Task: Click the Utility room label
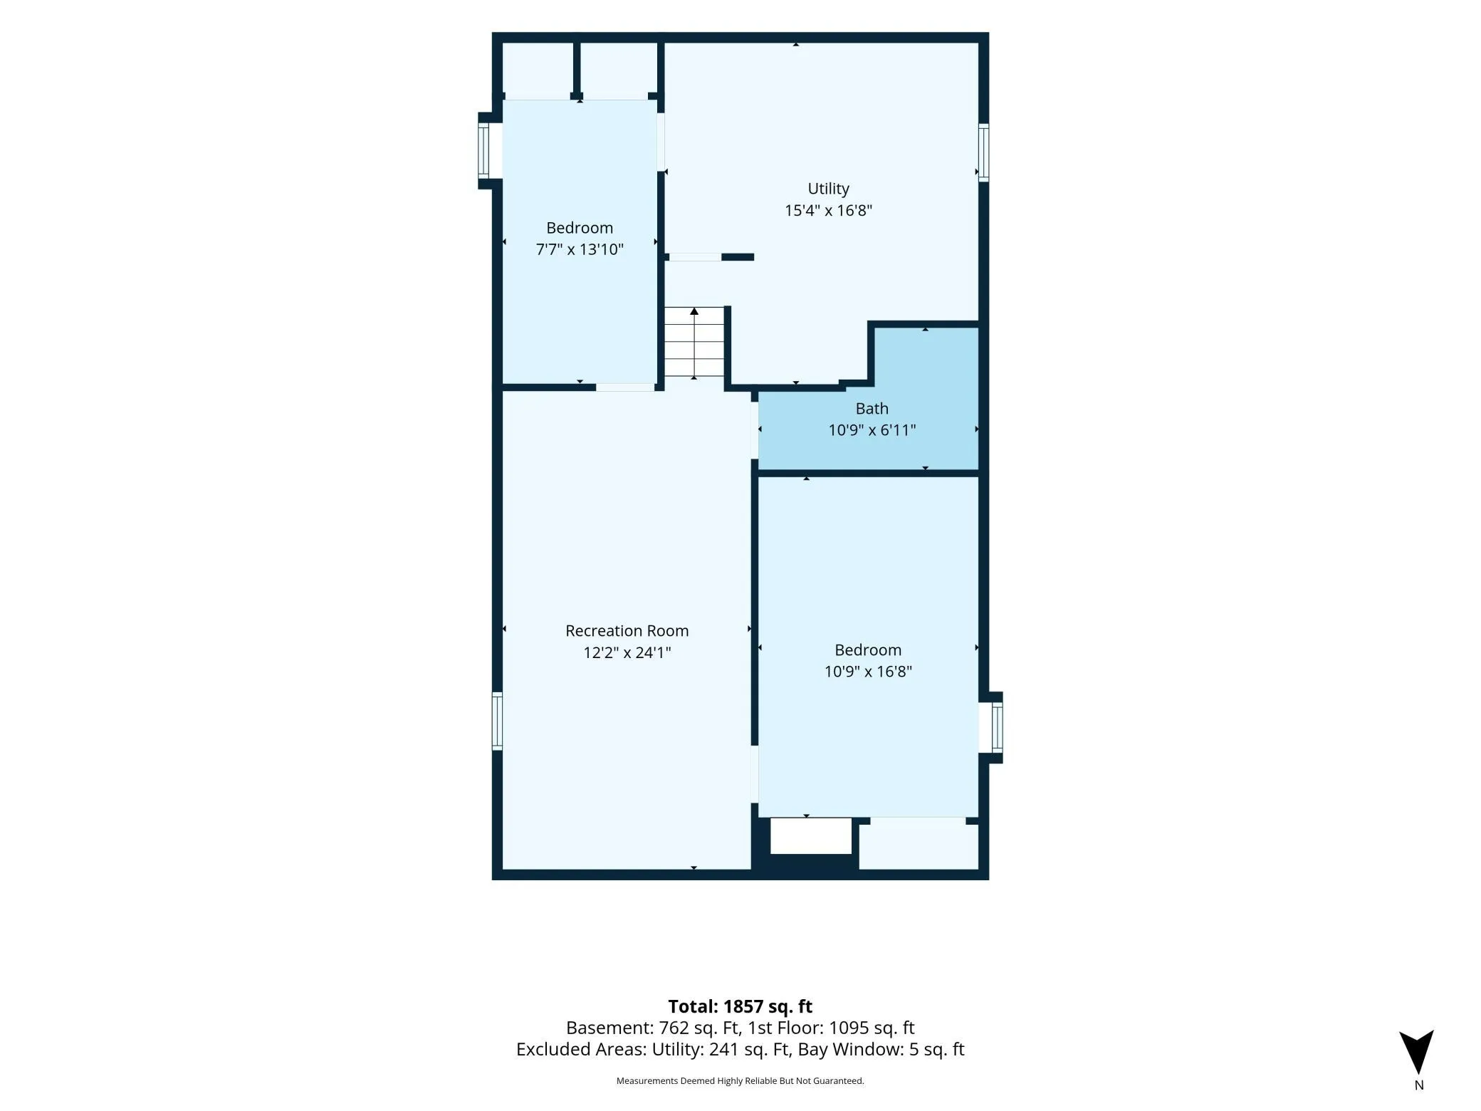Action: tap(828, 189)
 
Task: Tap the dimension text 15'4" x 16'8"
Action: tap(828, 210)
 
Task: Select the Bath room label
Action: tap(872, 408)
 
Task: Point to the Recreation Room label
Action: tap(627, 630)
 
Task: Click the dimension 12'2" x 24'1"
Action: tap(627, 652)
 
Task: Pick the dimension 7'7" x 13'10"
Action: tap(580, 249)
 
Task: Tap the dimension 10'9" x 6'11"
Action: tap(872, 430)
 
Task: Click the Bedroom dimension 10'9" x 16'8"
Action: tap(868, 672)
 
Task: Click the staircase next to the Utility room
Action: tap(694, 342)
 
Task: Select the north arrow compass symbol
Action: tap(1416, 1051)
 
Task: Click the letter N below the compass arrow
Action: tap(1418, 1085)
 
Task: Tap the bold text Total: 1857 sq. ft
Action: tap(740, 1006)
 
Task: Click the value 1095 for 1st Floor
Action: tap(849, 1028)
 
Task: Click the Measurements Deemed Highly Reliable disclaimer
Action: tap(740, 1081)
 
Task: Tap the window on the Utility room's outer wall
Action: tap(983, 152)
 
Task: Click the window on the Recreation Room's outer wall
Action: tap(497, 721)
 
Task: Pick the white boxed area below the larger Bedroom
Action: tap(811, 836)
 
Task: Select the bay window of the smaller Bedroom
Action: tap(485, 150)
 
